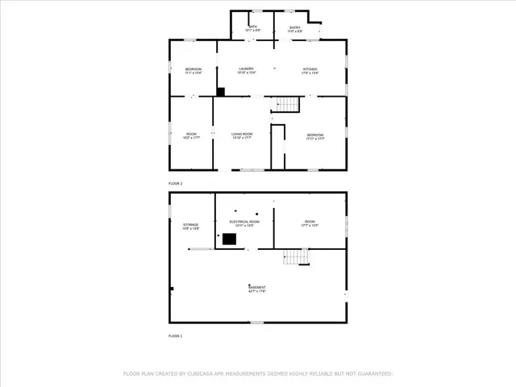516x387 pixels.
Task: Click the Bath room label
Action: tap(252, 27)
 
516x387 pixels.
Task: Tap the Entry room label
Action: tap(295, 27)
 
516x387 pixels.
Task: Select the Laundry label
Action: tap(246, 69)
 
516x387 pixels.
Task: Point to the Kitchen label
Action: tap(310, 69)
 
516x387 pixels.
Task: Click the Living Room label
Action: tap(242, 135)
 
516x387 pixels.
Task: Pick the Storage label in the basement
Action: tap(190, 225)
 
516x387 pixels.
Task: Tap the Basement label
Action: tap(256, 288)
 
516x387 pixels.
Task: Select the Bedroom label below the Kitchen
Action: tap(314, 135)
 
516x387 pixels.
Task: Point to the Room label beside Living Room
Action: tap(191, 135)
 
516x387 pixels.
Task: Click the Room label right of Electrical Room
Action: tap(310, 222)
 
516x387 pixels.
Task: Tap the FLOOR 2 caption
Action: tap(176, 184)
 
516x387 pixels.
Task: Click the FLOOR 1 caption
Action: tap(176, 335)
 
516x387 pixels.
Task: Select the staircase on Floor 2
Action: tap(288, 104)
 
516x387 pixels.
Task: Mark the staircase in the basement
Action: tap(296, 256)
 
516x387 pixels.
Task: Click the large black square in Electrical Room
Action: tap(229, 239)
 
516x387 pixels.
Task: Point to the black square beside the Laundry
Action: tap(220, 92)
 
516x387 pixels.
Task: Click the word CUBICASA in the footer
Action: tap(202, 373)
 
